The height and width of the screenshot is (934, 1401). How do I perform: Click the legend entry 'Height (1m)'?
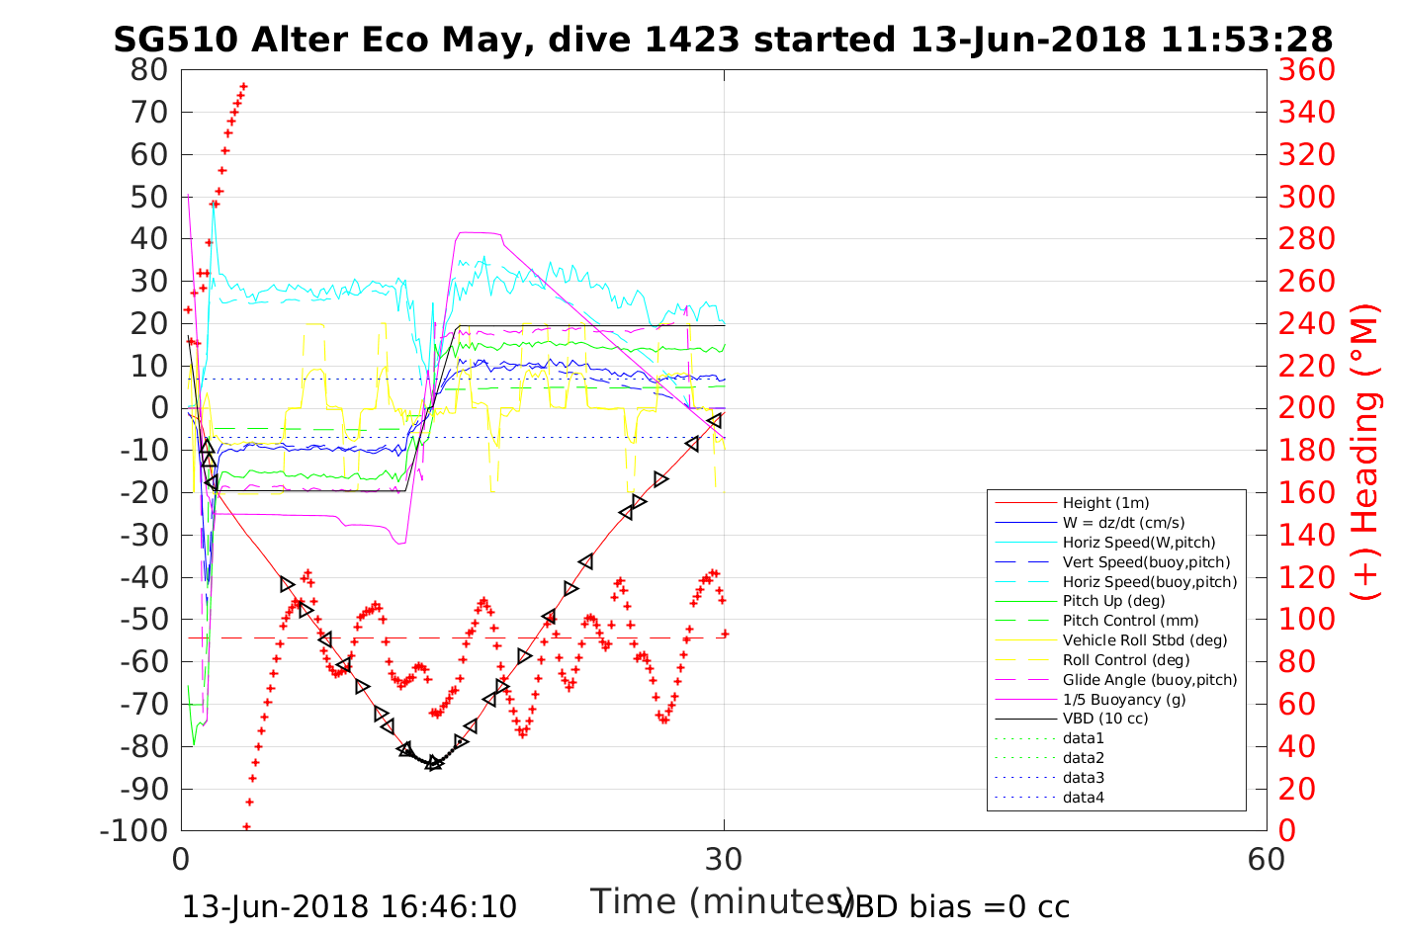1105,503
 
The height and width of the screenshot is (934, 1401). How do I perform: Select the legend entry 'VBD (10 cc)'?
1105,719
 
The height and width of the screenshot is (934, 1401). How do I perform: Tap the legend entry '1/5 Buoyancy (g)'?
1124,700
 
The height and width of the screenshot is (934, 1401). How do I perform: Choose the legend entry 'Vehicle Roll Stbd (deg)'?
1144,640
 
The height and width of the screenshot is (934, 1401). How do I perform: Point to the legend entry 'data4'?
1083,798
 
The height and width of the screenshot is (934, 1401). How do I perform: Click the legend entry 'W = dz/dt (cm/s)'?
1123,523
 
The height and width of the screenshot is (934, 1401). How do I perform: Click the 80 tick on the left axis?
149,70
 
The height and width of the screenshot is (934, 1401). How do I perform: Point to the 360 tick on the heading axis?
1306,70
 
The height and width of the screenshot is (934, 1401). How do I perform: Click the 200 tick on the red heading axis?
1306,408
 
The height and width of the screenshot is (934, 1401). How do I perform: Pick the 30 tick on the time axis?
724,859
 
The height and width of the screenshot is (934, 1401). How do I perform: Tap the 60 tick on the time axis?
1266,859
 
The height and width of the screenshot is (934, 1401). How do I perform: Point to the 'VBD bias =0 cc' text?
952,906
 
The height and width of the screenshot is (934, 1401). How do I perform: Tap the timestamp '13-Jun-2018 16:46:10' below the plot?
349,906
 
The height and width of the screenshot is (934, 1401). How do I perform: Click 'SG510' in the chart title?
175,40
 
